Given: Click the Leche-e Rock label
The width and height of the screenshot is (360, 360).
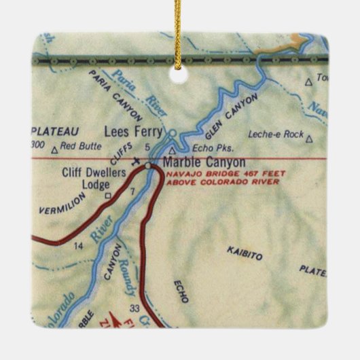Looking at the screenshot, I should pyautogui.click(x=275, y=134).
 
